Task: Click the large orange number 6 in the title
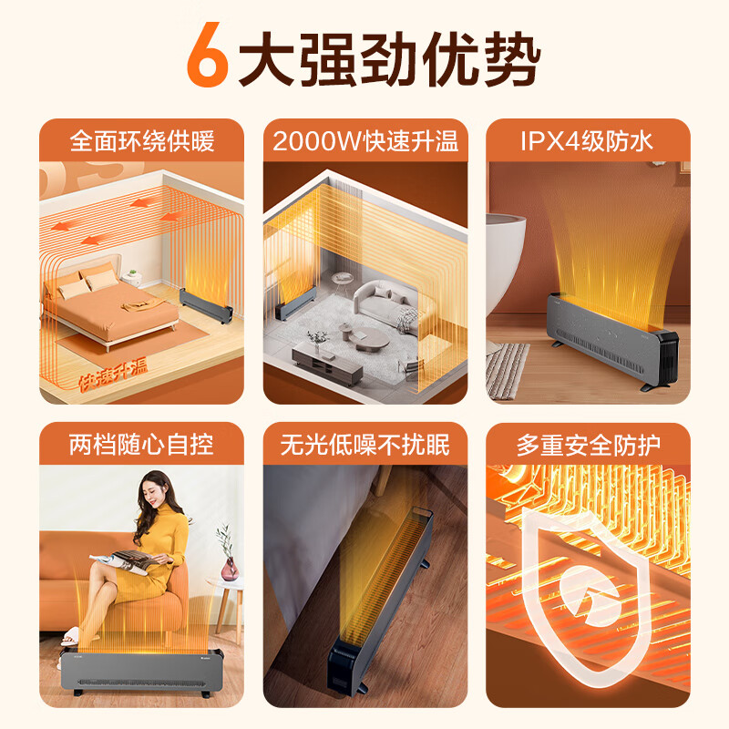(x=208, y=55)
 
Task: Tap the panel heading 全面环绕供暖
(x=142, y=141)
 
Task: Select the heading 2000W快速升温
(x=365, y=141)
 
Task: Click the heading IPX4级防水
(x=587, y=141)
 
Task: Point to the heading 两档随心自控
(x=142, y=445)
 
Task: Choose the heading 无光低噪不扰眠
(x=365, y=445)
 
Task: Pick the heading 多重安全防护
(x=588, y=446)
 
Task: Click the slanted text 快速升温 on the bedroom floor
(x=113, y=375)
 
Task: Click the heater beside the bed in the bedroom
(x=206, y=305)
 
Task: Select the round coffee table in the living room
(x=371, y=338)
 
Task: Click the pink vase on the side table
(x=230, y=569)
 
